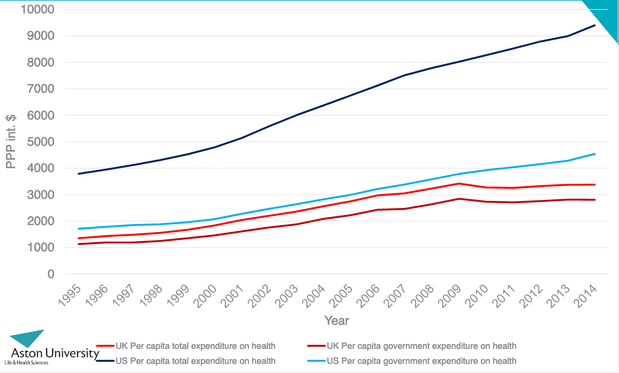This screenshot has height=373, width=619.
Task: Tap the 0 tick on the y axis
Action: [51, 274]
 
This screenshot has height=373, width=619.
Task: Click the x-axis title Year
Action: [336, 320]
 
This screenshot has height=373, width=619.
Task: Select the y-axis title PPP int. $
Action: [11, 142]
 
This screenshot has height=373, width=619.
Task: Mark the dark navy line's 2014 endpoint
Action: [594, 25]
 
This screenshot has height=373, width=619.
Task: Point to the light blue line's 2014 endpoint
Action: [594, 154]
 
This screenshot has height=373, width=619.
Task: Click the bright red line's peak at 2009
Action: [458, 183]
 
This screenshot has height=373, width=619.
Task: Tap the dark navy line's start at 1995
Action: [79, 174]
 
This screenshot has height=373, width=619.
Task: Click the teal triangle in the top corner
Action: [605, 16]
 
